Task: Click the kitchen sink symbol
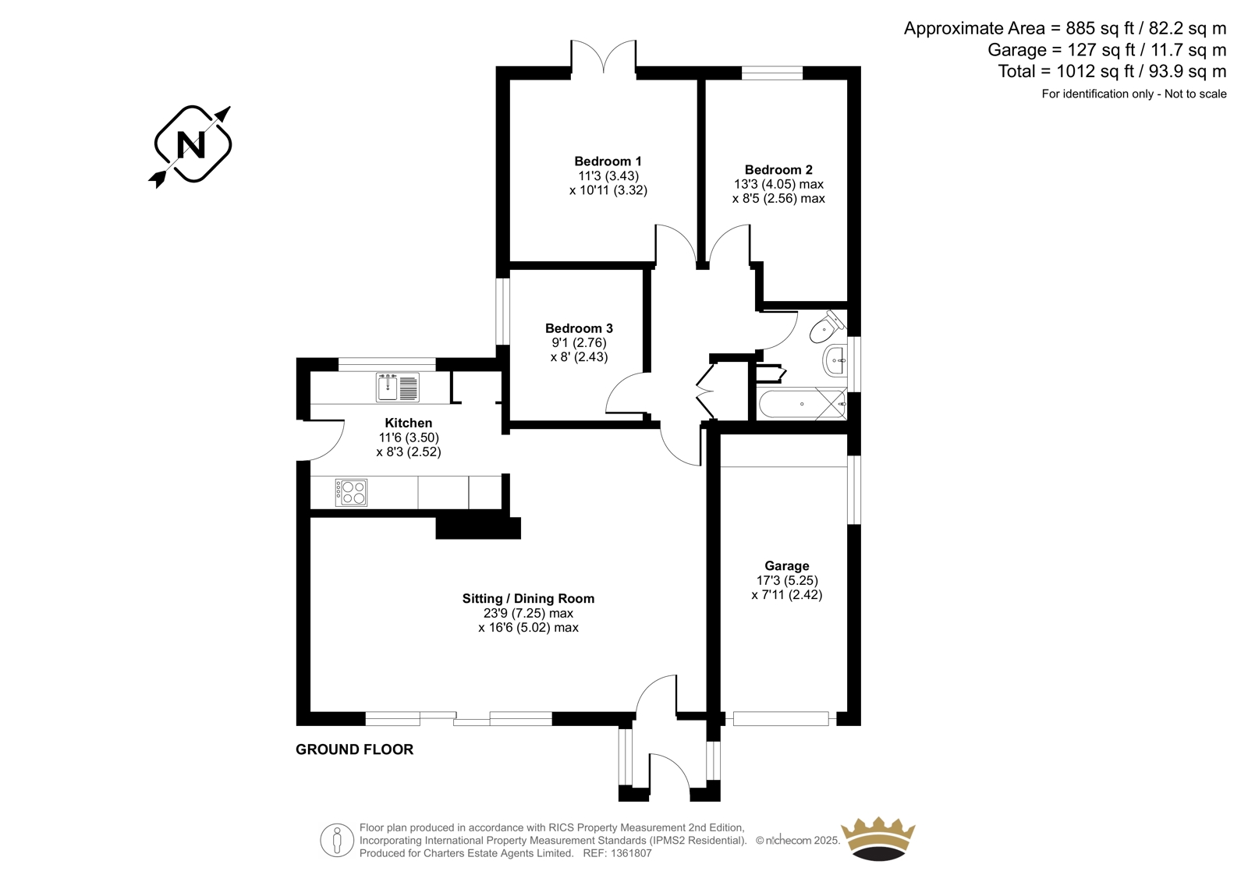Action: [397, 387]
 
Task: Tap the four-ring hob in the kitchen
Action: [351, 493]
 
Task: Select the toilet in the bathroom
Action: [827, 327]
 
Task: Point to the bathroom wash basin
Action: [835, 361]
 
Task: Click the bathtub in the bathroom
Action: [802, 404]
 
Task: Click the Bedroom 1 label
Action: [608, 161]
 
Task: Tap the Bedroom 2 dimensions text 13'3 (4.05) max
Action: [778, 184]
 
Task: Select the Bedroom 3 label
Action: [579, 328]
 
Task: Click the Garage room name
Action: [787, 566]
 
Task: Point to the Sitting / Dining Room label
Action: [528, 598]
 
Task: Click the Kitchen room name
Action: [409, 423]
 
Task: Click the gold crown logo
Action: [878, 838]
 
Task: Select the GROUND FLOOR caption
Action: [354, 749]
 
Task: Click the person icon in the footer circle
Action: [336, 840]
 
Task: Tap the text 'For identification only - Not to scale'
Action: [1134, 94]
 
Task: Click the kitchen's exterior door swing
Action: [328, 440]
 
